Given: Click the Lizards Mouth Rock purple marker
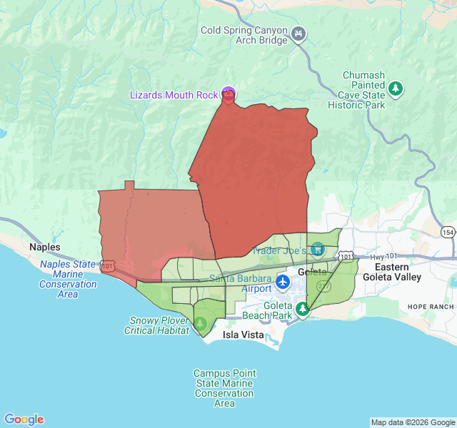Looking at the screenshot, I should pos(228,93).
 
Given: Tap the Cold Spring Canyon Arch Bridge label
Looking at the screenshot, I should pos(244,35).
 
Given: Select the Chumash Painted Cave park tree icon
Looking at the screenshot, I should pos(396,88).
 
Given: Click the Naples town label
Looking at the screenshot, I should pos(45,247).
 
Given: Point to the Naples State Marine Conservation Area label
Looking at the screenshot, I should pos(68,279).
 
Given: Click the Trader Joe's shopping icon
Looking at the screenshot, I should pos(317,250).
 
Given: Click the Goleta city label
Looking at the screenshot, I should pos(311,272).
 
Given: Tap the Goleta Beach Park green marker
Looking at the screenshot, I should pos(303,309).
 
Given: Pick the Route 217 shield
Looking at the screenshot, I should pos(323,285).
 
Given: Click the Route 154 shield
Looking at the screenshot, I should pos(448,233).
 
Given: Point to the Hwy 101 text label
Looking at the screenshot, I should pos(386,256).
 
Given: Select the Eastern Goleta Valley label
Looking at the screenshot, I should pos(392,272).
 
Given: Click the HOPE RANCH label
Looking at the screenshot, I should pos(431,306).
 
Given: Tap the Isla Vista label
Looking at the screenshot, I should pos(243,335).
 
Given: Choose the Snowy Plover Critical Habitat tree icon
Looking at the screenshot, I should pos(200,322).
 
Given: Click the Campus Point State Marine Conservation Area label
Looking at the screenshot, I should pos(224,388).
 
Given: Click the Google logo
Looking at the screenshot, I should pos(24,419).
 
